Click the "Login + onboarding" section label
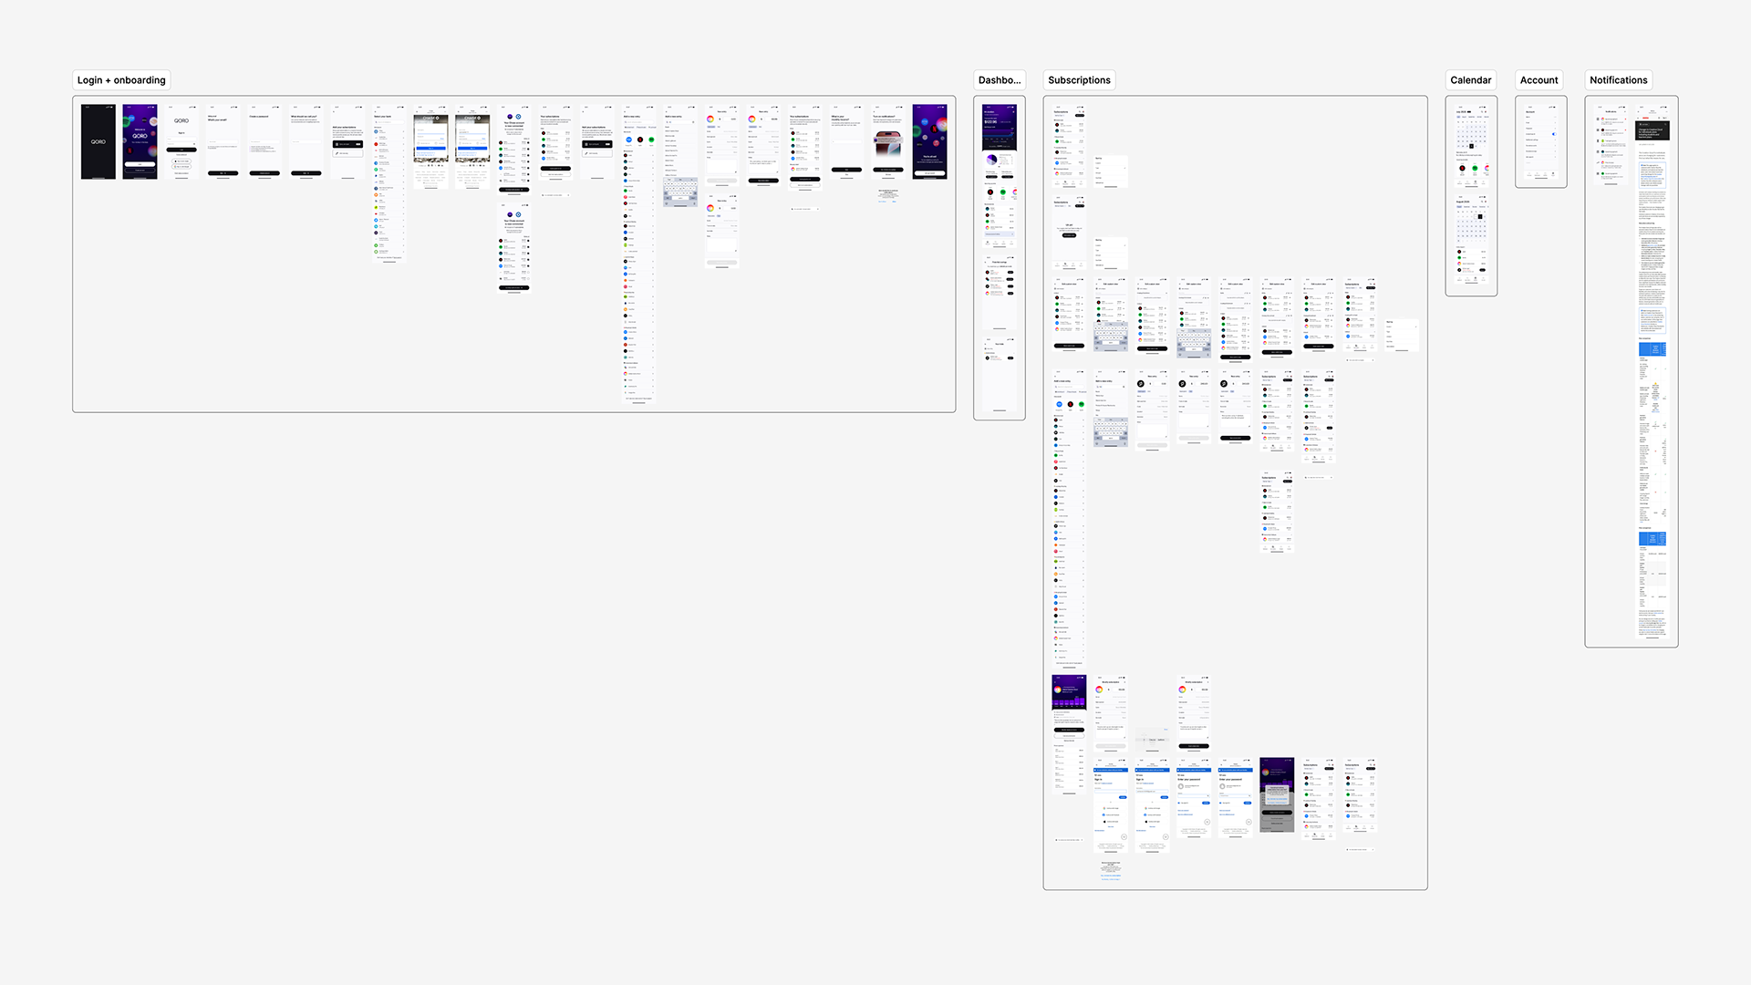click(121, 80)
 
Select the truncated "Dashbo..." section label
click(999, 80)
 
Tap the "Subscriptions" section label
click(1079, 80)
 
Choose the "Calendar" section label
click(1470, 80)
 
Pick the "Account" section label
click(1539, 80)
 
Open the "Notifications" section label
click(1618, 80)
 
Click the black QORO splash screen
click(98, 141)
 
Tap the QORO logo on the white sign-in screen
click(181, 120)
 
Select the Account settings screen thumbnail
click(1540, 141)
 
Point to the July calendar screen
click(1471, 146)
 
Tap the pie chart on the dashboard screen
click(991, 160)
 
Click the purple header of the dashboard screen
click(999, 128)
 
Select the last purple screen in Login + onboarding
click(929, 141)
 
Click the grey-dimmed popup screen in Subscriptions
click(1277, 794)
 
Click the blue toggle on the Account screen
click(1554, 134)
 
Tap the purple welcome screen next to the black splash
click(140, 141)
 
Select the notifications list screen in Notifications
click(1611, 146)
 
